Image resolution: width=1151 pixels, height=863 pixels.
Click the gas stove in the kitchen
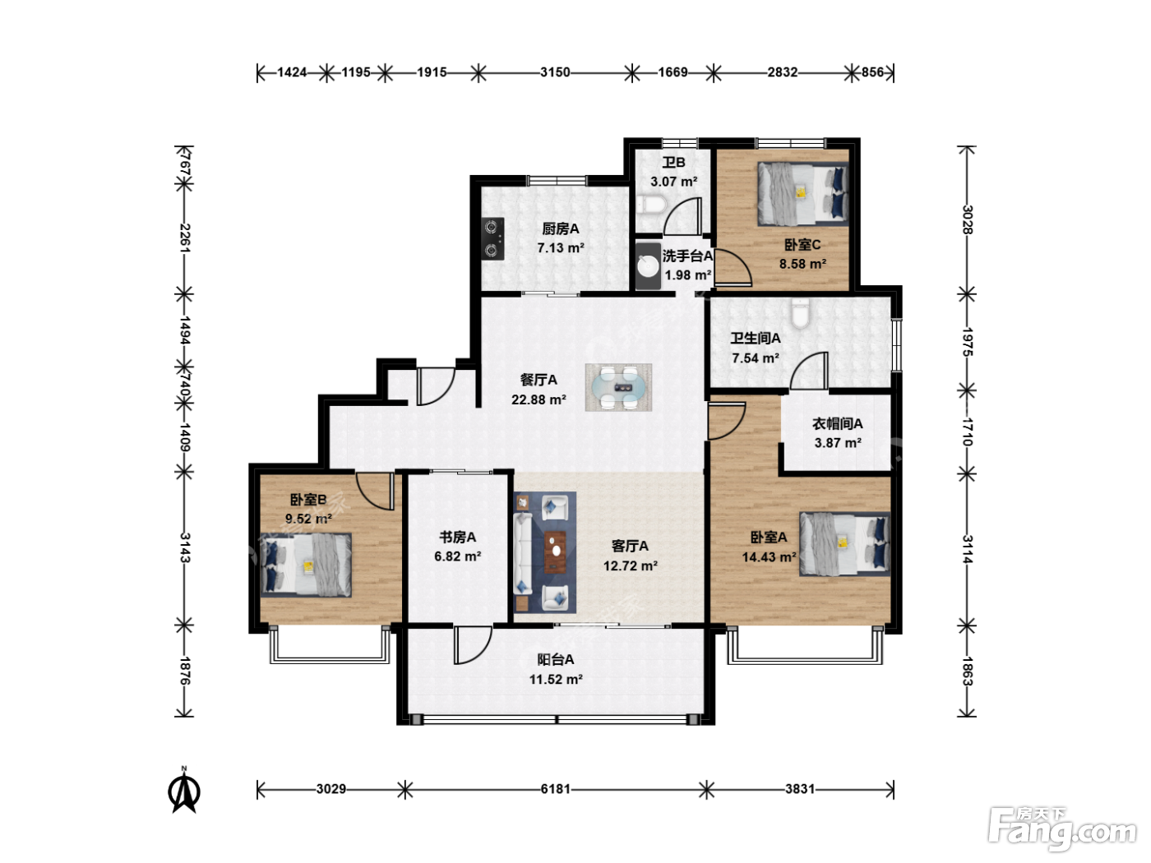click(493, 239)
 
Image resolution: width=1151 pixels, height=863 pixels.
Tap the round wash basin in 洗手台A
click(649, 266)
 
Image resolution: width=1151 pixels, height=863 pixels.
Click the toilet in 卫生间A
click(800, 313)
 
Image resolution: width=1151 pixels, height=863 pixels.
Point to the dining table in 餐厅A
click(619, 387)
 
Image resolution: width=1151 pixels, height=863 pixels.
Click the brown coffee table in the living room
click(555, 551)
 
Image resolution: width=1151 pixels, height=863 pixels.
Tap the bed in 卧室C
click(802, 194)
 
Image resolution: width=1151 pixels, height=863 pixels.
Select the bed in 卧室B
click(306, 565)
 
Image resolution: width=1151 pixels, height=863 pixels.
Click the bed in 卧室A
click(845, 544)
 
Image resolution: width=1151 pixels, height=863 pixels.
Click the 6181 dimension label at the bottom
click(555, 788)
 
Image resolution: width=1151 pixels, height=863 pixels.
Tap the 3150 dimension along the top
click(555, 72)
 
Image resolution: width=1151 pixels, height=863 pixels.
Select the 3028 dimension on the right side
click(968, 219)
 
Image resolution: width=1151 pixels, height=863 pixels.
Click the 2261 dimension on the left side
click(185, 238)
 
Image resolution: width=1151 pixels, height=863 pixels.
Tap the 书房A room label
click(458, 537)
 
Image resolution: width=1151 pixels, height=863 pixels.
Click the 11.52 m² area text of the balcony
click(556, 680)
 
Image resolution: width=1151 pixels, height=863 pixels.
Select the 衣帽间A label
click(838, 423)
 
